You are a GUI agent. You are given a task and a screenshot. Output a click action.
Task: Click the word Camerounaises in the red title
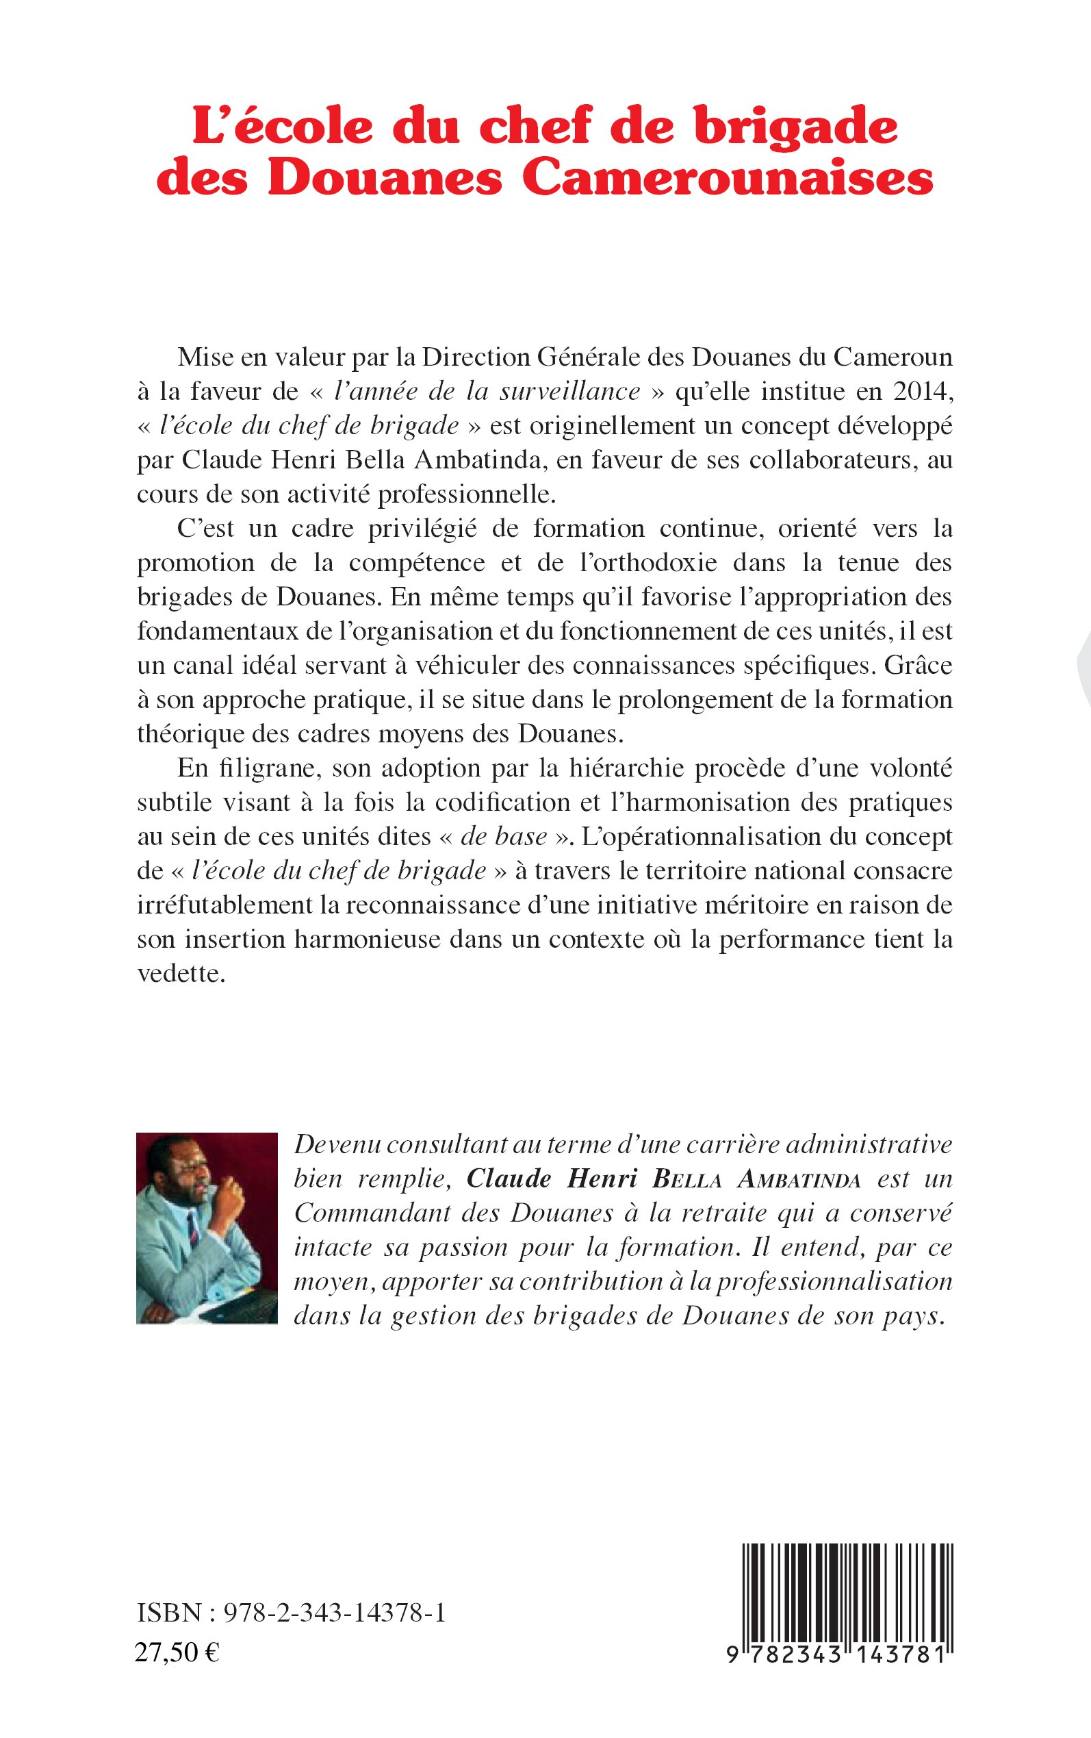(x=728, y=179)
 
